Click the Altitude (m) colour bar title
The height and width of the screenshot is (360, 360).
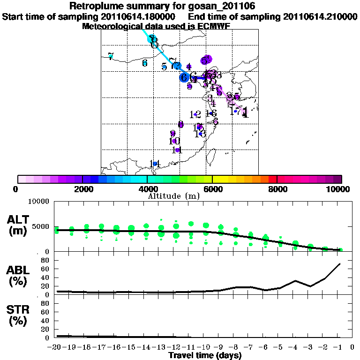pyautogui.click(x=180, y=195)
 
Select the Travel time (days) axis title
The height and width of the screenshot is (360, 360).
pyautogui.click(x=205, y=356)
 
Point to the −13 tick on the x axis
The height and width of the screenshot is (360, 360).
pyautogui.click(x=160, y=347)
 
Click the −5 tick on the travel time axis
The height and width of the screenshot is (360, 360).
pyautogui.click(x=279, y=347)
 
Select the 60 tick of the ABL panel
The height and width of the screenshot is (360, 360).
pyautogui.click(x=45, y=269)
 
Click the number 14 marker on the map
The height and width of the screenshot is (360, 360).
pyautogui.click(x=156, y=163)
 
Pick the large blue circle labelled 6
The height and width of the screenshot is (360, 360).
pyautogui.click(x=185, y=77)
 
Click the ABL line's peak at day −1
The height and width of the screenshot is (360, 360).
pyautogui.click(x=339, y=264)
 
